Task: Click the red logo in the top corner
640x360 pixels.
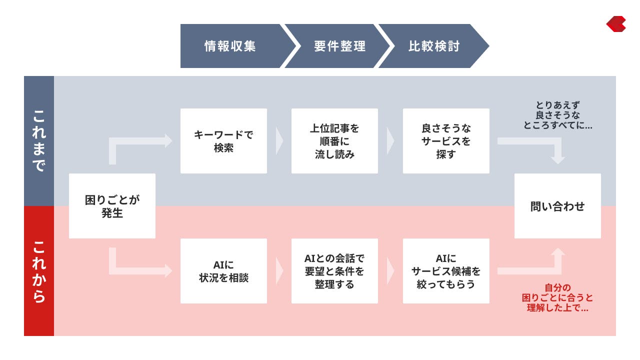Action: tap(616, 24)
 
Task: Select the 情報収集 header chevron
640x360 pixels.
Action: tap(230, 46)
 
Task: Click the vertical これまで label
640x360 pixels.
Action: tap(39, 141)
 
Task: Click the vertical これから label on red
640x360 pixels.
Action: tap(39, 271)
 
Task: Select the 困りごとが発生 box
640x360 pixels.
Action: tap(112, 206)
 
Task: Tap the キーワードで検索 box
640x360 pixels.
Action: tap(223, 141)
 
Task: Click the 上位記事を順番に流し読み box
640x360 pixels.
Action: tap(334, 141)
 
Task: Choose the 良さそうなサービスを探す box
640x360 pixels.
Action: tap(446, 141)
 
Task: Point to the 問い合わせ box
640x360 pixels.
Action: tap(557, 206)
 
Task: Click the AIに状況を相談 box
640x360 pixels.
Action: tap(223, 271)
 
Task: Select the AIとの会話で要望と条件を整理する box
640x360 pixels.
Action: tap(334, 271)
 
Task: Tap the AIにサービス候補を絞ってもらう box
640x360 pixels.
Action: tap(446, 271)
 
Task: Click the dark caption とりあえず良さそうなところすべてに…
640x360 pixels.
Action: tap(557, 115)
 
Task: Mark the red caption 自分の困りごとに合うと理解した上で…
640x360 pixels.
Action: tap(557, 298)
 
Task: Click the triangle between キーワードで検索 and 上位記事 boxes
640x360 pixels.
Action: tap(279, 141)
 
